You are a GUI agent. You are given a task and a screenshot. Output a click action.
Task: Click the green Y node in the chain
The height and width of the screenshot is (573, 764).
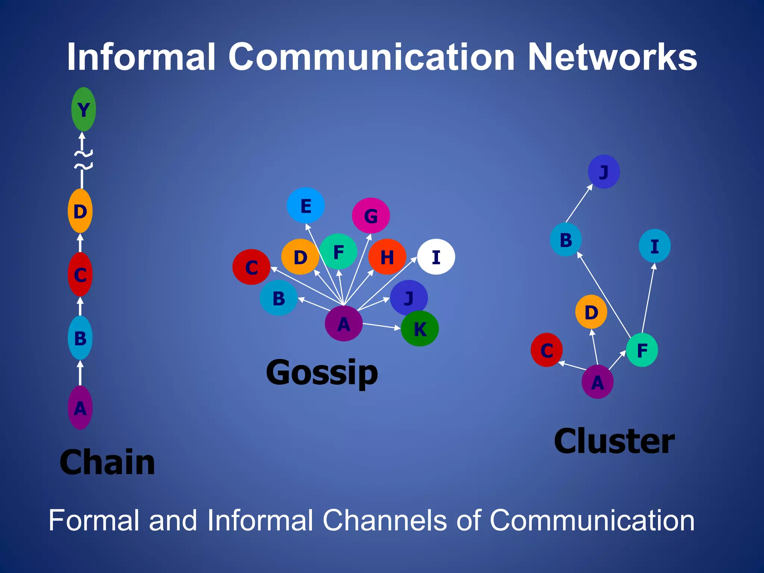(84, 109)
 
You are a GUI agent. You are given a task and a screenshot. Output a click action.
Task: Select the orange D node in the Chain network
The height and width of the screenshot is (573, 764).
(80, 211)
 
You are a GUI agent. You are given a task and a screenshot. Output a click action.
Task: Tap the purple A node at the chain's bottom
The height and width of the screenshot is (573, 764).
(80, 408)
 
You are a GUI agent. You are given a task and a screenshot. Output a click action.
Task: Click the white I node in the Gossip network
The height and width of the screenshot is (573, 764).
(436, 257)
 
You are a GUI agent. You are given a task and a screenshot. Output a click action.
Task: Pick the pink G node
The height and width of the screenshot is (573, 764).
(371, 216)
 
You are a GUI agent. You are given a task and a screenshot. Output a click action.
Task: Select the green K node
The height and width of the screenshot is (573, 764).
(420, 329)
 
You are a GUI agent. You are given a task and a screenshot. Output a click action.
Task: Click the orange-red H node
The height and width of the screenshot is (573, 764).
(387, 257)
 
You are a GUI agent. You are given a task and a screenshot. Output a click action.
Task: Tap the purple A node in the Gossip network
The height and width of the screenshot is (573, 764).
(344, 323)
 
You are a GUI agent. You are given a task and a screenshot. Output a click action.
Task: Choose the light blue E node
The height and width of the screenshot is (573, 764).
(306, 206)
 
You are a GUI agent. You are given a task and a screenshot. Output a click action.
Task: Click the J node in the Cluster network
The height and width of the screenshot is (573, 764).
(604, 172)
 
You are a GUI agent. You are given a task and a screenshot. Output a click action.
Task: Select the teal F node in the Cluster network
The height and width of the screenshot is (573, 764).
(642, 350)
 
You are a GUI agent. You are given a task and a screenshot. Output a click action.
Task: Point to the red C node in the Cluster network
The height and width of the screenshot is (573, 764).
(547, 350)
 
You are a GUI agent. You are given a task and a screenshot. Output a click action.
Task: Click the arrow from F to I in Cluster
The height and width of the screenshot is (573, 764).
(648, 298)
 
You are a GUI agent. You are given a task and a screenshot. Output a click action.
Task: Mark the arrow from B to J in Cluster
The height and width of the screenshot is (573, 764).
(579, 203)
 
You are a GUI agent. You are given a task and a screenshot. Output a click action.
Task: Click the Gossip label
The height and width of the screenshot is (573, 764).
(322, 373)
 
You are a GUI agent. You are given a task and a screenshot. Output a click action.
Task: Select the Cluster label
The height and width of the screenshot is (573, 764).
(614, 441)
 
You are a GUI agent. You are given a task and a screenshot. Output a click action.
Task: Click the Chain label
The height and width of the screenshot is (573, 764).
(107, 462)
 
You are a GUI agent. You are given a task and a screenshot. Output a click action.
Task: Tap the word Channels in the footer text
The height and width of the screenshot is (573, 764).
(384, 520)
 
